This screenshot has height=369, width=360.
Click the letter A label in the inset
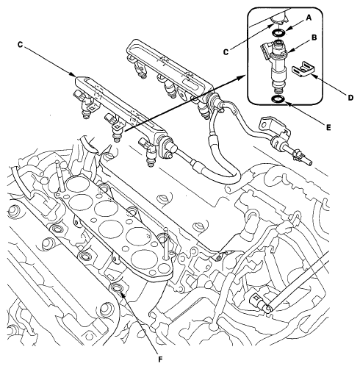(309, 18)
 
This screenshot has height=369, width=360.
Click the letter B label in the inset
(314, 37)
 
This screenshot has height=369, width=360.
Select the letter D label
(350, 98)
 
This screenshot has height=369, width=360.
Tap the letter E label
(328, 127)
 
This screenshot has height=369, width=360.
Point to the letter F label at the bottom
(160, 359)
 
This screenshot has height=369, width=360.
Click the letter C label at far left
(20, 45)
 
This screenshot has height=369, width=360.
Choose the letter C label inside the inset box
(226, 52)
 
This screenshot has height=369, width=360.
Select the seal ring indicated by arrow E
(278, 99)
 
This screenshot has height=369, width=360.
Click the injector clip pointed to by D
(303, 69)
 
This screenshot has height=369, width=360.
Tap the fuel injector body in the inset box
(278, 66)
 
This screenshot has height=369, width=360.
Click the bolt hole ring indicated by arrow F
(117, 288)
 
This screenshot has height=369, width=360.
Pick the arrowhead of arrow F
(122, 293)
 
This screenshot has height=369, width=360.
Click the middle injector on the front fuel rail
(115, 128)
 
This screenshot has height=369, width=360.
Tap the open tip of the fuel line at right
(311, 162)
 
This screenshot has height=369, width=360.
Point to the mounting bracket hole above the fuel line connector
(264, 125)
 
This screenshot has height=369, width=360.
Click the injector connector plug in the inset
(264, 49)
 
